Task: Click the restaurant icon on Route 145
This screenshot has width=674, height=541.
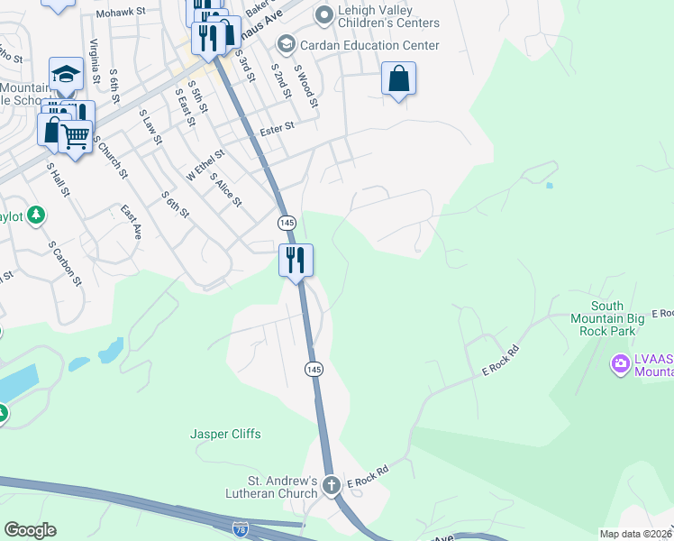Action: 296,261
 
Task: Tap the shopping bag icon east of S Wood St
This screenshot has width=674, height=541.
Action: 398,78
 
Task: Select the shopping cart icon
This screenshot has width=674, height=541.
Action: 76,137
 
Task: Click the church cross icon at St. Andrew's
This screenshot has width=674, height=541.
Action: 331,485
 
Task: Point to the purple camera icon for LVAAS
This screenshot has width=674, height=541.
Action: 620,364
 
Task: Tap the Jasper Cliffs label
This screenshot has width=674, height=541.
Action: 225,434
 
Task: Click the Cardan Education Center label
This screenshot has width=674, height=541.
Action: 369,45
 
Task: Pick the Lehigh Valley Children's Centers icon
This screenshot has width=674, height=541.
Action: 323,14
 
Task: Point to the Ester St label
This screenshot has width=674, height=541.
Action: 278,129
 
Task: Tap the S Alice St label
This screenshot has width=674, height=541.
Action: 225,189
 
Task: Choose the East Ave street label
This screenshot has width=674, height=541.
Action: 132,221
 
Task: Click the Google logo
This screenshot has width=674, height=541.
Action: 30,530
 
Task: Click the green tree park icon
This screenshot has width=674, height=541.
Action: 35,215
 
